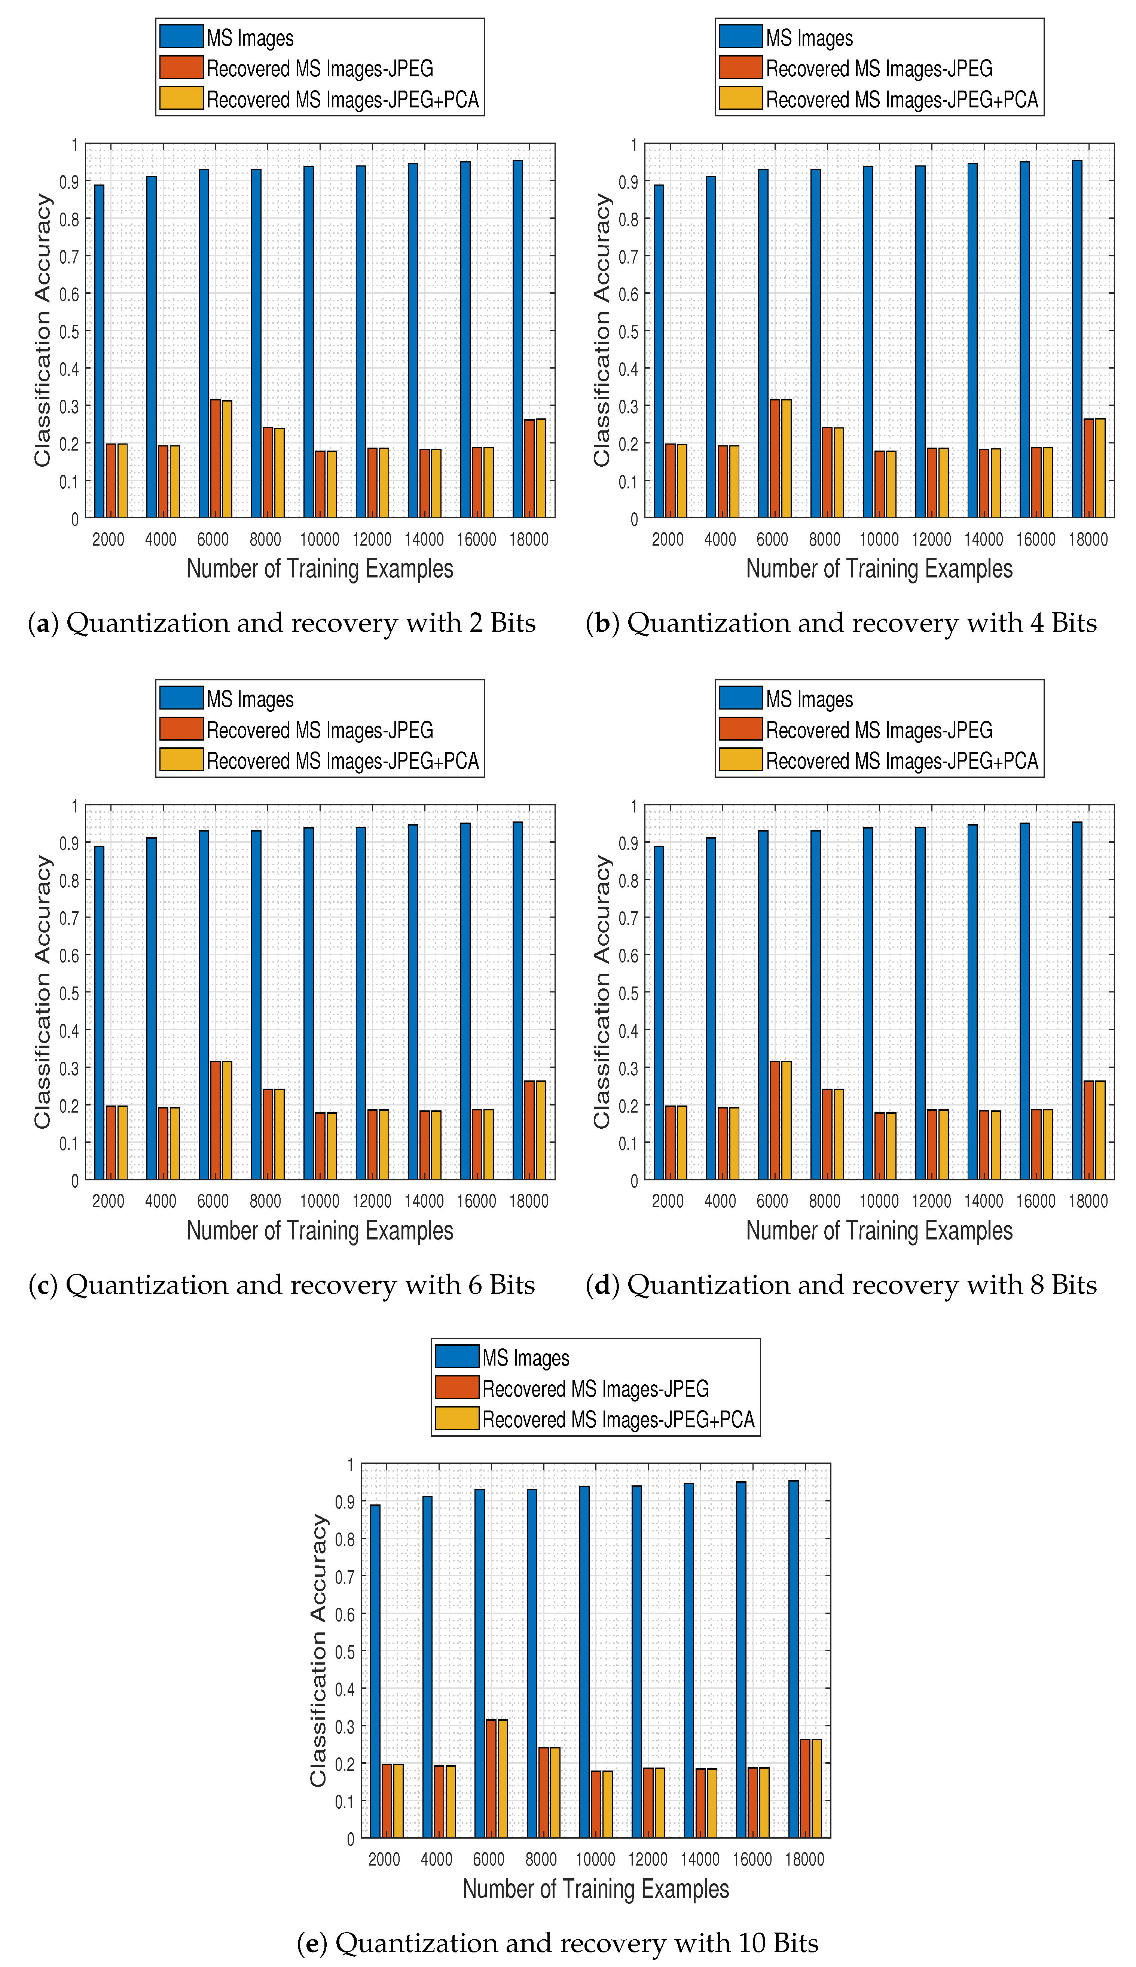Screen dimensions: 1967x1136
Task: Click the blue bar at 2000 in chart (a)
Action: click(99, 351)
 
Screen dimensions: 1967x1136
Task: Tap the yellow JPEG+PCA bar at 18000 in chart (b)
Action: click(1100, 468)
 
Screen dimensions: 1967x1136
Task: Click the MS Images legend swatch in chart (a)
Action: click(181, 37)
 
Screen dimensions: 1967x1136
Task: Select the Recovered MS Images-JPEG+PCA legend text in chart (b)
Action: click(902, 100)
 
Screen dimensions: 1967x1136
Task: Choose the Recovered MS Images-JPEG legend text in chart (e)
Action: click(595, 1389)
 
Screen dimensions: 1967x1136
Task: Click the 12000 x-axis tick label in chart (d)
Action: click(932, 1201)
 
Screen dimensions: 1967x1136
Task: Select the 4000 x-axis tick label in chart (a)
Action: click(161, 539)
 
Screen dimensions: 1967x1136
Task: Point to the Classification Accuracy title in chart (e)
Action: click(318, 1650)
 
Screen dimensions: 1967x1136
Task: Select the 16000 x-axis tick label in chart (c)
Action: click(476, 1201)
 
